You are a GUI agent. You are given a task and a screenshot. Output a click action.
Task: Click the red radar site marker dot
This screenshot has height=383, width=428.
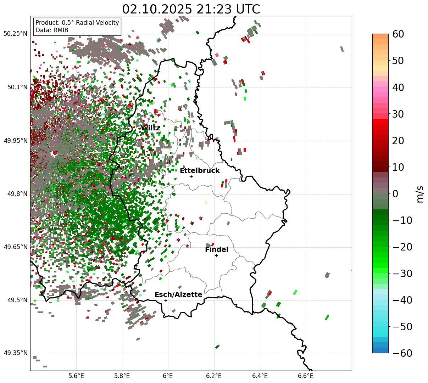55,153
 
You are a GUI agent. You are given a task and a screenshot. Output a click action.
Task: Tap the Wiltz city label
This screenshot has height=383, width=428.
150,128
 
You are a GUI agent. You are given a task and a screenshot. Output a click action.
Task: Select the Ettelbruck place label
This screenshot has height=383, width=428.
200,171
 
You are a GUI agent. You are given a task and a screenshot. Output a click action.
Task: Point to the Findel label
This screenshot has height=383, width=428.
217,250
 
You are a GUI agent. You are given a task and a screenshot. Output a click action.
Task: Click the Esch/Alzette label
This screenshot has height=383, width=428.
178,295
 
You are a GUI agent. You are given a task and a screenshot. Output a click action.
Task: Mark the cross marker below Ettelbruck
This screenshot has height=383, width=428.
191,176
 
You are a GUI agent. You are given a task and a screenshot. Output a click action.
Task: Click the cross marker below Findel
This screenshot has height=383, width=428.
216,255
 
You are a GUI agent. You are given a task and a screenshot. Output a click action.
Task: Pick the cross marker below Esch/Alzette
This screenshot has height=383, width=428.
166,300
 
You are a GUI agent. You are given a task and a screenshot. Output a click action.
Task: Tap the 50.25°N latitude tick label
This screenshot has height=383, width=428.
15,34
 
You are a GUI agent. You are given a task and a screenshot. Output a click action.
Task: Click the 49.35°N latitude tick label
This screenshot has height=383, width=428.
15,353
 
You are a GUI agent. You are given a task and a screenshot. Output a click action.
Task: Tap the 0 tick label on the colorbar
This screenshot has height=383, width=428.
395,194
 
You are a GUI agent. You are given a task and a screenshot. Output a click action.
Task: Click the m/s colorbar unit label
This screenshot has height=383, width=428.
420,194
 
